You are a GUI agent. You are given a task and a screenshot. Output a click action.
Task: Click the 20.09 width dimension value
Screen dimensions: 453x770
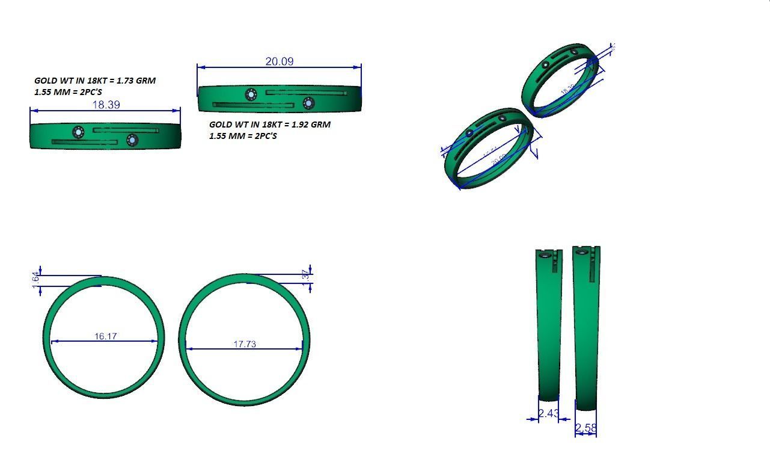click(x=279, y=61)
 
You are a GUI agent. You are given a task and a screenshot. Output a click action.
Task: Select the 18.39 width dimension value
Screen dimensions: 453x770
click(x=105, y=105)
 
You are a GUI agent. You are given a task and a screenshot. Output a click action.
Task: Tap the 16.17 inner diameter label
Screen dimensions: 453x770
click(x=105, y=336)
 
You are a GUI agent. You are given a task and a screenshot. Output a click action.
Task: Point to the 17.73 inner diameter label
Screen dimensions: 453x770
click(x=245, y=344)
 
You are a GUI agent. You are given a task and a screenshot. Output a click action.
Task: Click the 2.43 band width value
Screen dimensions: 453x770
click(x=548, y=413)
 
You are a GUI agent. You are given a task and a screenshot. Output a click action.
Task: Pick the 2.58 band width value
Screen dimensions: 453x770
click(x=586, y=428)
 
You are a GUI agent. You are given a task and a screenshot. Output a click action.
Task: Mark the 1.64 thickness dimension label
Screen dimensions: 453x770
click(x=36, y=280)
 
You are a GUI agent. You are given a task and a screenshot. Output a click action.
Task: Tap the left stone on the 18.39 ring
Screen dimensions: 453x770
click(x=78, y=132)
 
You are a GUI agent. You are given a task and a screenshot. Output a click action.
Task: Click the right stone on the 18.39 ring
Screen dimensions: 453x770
click(x=132, y=140)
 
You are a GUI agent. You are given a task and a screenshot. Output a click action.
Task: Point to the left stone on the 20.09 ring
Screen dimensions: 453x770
click(x=251, y=94)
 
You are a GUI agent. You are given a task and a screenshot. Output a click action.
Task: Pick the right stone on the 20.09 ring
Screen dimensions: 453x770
click(x=309, y=103)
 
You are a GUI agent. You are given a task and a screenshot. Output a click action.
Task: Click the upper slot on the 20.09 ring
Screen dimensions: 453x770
click(x=305, y=93)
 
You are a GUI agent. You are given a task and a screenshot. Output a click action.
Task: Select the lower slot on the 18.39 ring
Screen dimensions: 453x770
click(x=84, y=143)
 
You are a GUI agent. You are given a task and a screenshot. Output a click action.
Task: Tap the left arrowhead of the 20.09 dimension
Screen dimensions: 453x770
click(x=199, y=67)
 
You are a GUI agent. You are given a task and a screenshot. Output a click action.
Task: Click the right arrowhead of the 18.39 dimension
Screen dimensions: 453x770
click(x=178, y=111)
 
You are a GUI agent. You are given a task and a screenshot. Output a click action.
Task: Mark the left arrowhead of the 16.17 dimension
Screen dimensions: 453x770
click(x=53, y=341)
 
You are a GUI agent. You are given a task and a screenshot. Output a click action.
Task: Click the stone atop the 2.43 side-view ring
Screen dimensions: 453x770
click(x=545, y=256)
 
